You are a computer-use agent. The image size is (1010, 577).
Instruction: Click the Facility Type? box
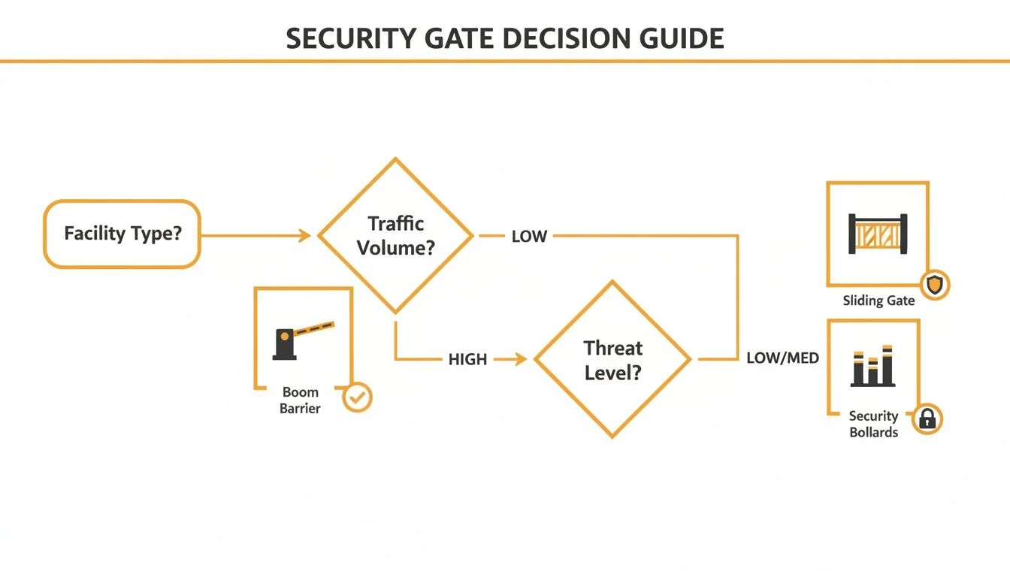point(122,234)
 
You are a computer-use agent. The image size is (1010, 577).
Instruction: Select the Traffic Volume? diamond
point(395,235)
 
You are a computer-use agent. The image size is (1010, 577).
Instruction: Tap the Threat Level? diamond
point(612,359)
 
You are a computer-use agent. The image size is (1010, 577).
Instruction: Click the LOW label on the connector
point(529,236)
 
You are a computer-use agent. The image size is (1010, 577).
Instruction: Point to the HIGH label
point(467,360)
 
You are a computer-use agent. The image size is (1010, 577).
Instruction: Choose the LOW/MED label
point(782,359)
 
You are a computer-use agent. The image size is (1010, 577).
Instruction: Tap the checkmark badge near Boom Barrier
point(357,398)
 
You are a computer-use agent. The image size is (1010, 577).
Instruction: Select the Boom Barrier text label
point(301,400)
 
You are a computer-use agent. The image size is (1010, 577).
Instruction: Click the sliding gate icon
point(878,234)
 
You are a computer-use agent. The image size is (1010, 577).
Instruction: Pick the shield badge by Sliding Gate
point(935,285)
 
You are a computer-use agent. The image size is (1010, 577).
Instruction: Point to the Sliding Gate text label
point(878,301)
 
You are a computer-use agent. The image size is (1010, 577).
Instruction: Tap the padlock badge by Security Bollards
point(927,419)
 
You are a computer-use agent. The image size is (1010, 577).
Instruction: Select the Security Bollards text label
point(873,424)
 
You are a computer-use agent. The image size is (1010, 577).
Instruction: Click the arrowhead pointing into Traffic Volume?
point(305,236)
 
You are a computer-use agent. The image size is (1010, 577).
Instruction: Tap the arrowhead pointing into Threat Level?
point(521,360)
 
